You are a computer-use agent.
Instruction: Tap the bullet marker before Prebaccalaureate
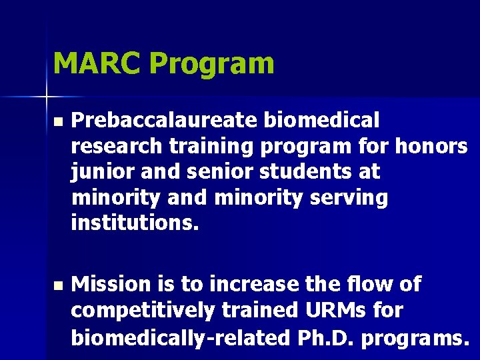point(57,122)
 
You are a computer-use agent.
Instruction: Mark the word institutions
point(135,223)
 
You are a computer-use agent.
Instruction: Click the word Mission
point(111,285)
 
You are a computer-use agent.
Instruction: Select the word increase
point(255,285)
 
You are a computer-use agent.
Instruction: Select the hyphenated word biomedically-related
point(175,337)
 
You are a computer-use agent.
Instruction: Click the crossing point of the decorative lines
point(47,97)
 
